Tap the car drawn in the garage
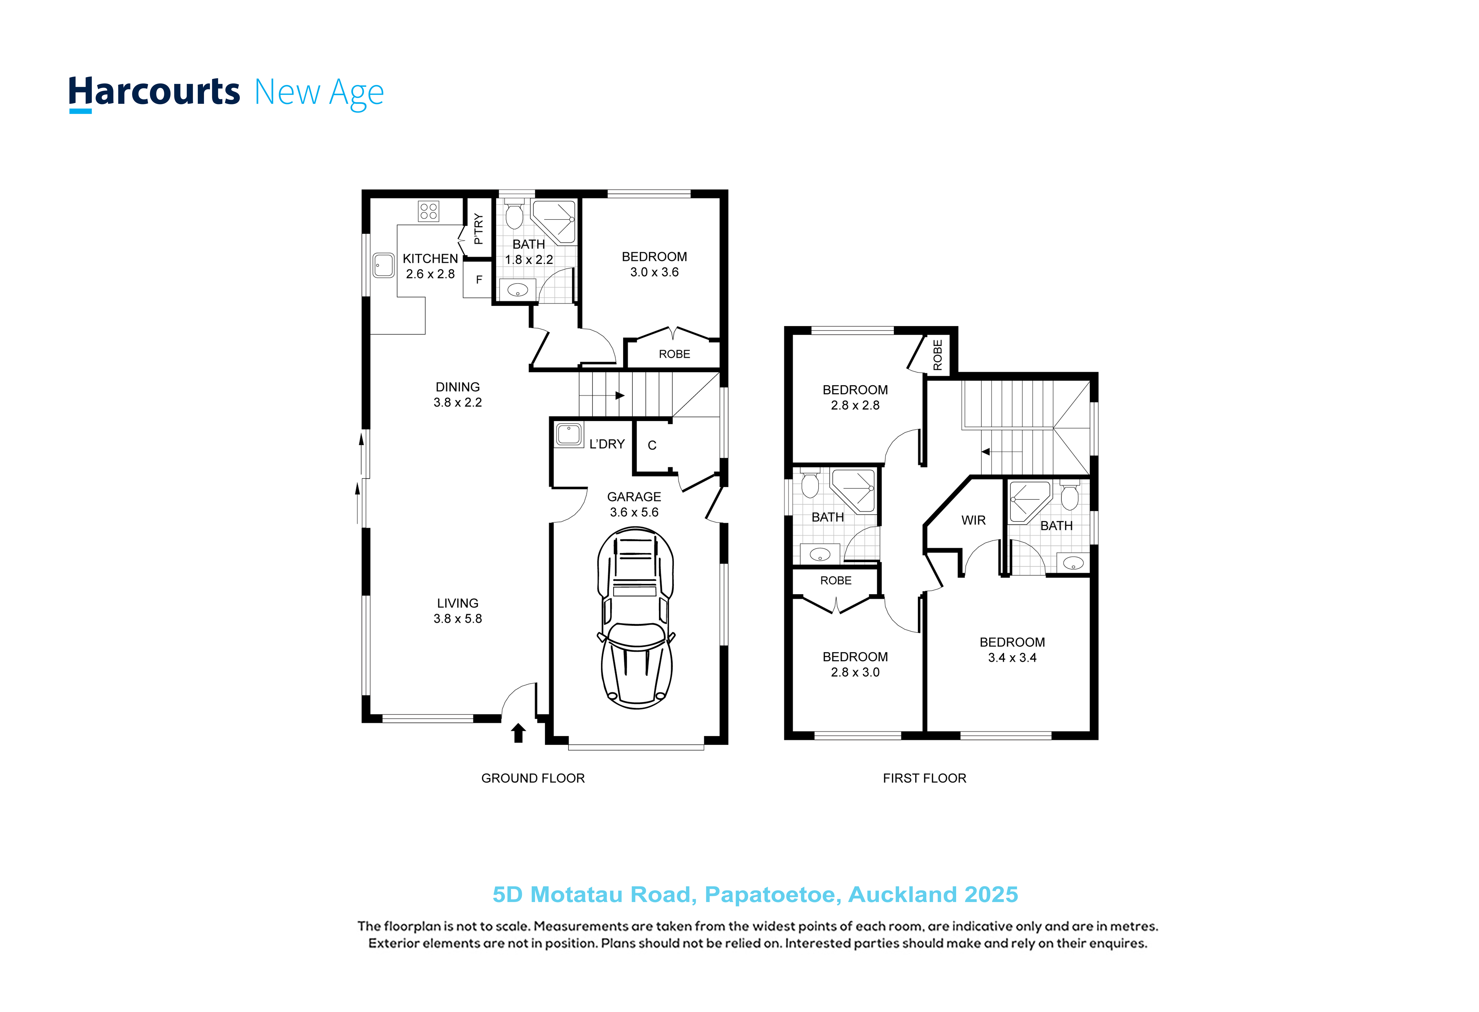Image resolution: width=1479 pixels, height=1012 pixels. point(636,617)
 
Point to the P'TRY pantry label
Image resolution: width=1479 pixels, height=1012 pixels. point(479,229)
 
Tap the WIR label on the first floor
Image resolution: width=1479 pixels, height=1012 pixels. point(973,521)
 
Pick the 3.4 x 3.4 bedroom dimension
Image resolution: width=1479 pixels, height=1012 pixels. point(1012,658)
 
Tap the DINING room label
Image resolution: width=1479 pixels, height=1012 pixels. point(458,387)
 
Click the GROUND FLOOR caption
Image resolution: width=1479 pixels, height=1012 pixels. point(533,778)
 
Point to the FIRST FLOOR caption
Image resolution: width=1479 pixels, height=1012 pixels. point(924,778)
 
